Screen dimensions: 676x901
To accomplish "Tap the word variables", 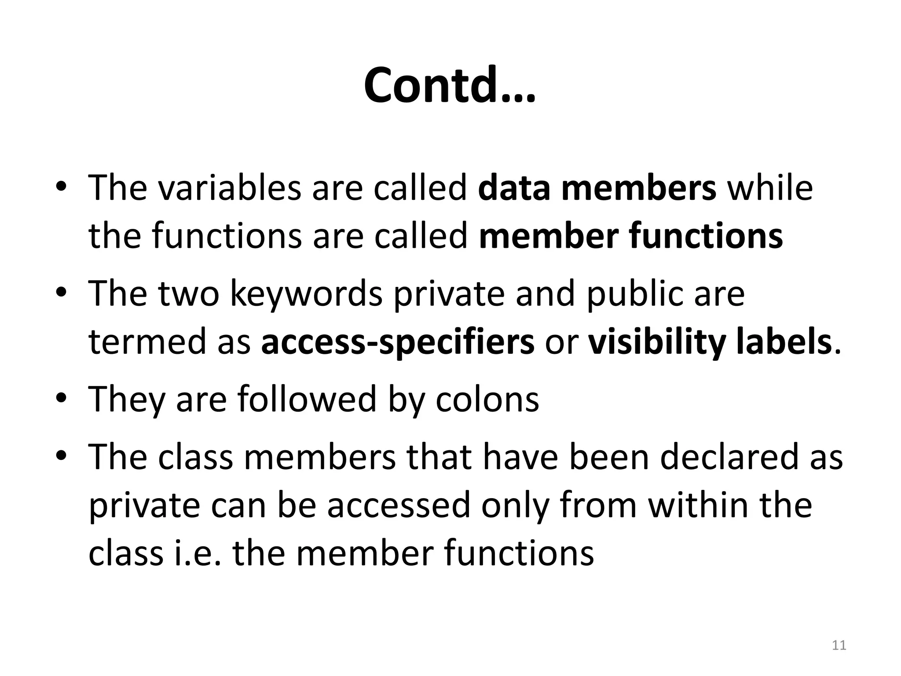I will (229, 188).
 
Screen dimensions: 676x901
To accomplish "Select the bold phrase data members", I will (597, 188).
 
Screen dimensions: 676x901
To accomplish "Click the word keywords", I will (306, 294).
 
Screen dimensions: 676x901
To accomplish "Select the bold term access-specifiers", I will (398, 343).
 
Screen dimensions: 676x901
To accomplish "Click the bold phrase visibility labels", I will (710, 343).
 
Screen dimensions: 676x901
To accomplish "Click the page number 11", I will (839, 646).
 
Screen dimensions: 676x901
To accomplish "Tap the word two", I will (188, 294).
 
